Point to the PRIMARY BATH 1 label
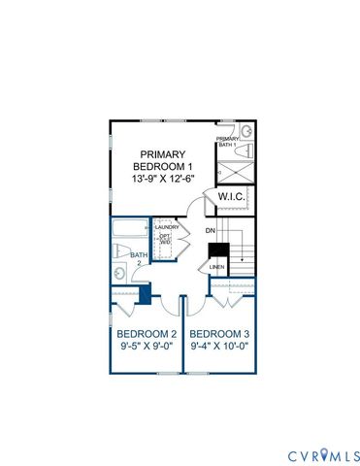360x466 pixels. click(x=227, y=141)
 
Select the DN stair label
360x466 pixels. click(x=209, y=231)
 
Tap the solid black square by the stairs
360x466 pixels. click(x=218, y=250)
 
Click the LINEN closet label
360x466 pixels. click(x=216, y=266)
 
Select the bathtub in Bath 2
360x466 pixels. click(x=126, y=232)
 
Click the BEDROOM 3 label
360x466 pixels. click(x=219, y=333)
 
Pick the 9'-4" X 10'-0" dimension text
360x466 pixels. click(x=219, y=345)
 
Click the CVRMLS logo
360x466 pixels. click(x=323, y=454)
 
